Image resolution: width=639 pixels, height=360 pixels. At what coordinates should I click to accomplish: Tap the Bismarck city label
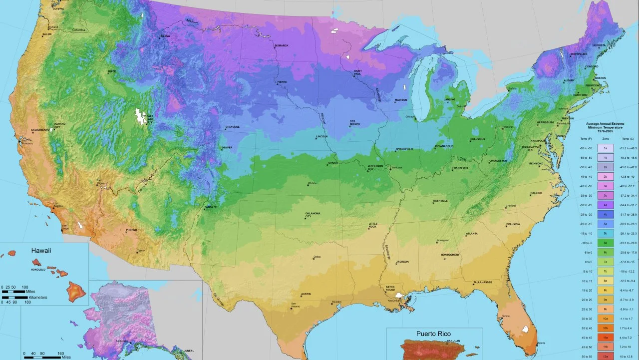click(x=281, y=46)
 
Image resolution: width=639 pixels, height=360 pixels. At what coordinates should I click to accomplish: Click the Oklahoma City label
click(x=313, y=215)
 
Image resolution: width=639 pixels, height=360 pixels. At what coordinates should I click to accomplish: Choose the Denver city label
click(x=227, y=148)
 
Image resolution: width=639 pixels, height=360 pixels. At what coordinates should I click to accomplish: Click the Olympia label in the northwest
click(x=58, y=8)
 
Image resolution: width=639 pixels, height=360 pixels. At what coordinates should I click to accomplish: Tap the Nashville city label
click(x=440, y=201)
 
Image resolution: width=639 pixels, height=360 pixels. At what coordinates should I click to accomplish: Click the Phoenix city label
click(x=132, y=230)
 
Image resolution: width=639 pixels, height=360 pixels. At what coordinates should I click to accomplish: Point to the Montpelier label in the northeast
click(x=578, y=54)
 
